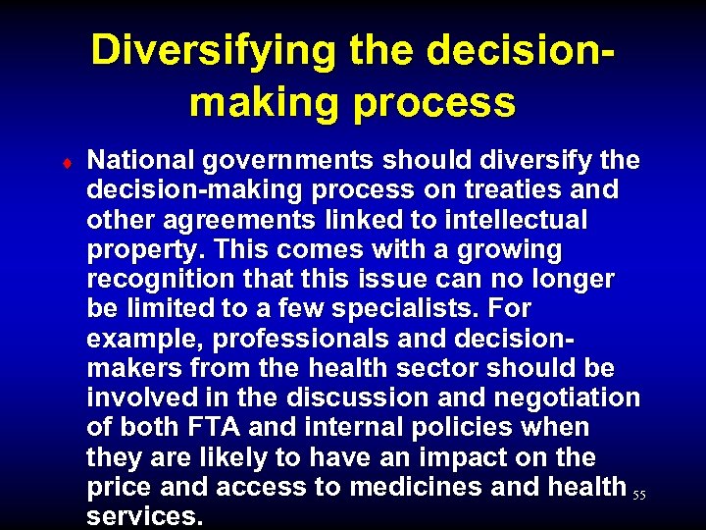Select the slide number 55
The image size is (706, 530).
click(639, 496)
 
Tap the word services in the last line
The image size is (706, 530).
click(144, 516)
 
